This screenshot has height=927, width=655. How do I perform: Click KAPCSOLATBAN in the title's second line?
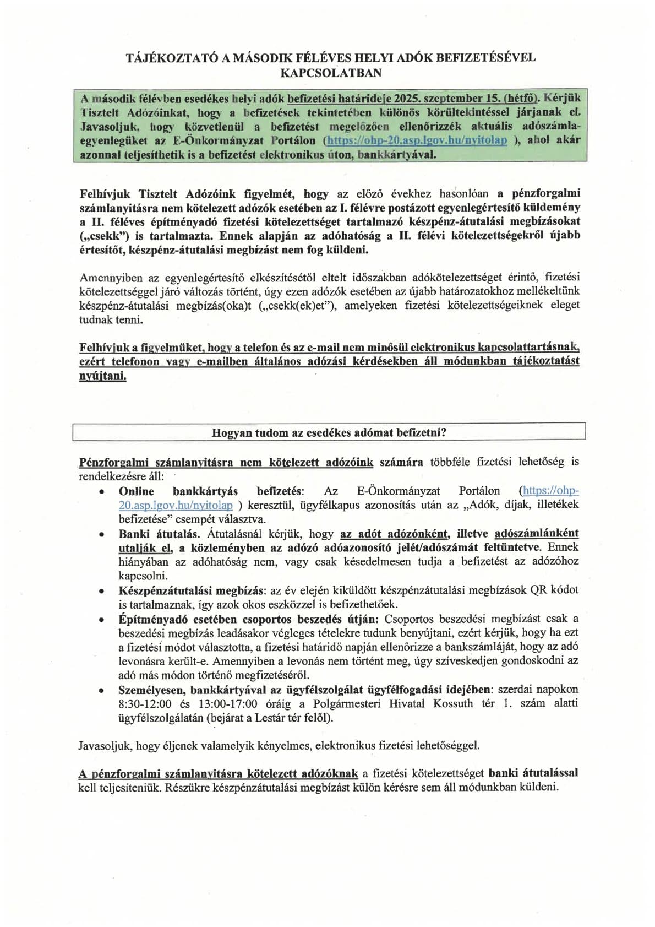[331, 72]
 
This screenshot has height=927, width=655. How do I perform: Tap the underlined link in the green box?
[416, 140]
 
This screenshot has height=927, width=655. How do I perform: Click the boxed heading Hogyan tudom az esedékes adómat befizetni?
[329, 432]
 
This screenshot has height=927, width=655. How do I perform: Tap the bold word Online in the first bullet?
[136, 491]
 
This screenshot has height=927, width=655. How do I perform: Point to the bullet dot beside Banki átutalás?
[101, 534]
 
